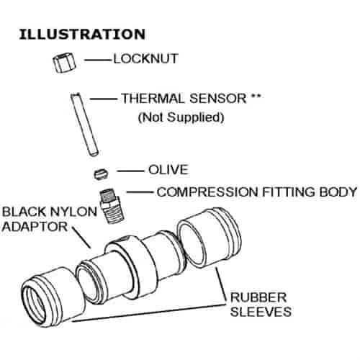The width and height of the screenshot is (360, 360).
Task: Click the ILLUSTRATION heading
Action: [x=82, y=34]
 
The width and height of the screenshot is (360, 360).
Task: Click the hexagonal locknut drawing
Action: [x=64, y=63]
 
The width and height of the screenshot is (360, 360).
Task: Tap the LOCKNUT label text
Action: [x=145, y=58]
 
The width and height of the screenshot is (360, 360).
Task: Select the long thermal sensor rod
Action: [x=84, y=125]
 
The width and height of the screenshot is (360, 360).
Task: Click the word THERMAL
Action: [x=153, y=98]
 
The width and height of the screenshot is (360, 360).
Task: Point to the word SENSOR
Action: [x=218, y=98]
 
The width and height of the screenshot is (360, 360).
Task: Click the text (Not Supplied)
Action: [x=181, y=117]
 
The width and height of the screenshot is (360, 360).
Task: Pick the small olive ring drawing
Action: [x=101, y=174]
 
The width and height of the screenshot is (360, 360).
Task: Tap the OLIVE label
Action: [x=168, y=170]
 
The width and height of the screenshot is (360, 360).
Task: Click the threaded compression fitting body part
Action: [x=112, y=206]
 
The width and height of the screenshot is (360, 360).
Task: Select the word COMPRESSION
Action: [x=207, y=192]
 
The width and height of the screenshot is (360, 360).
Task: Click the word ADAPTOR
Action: [x=35, y=227]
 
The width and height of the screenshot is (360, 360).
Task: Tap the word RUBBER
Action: [x=258, y=297]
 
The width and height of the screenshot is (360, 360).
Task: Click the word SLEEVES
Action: [x=261, y=312]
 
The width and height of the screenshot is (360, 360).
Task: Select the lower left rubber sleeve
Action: [x=53, y=297]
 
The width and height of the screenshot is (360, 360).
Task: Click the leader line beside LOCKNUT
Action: [x=99, y=60]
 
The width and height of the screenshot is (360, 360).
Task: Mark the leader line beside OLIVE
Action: [x=130, y=171]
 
